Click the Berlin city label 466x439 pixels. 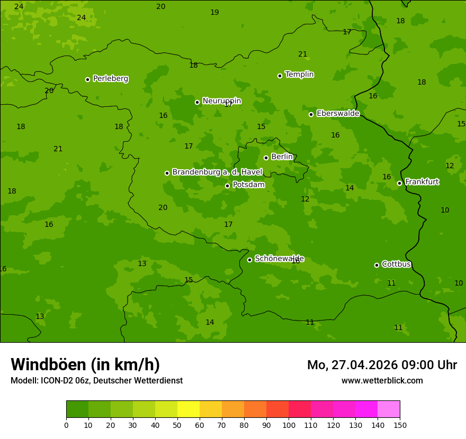tap(282, 157)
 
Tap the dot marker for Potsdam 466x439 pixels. tap(227, 186)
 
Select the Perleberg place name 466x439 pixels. tap(111, 79)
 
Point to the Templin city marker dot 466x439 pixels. tap(280, 76)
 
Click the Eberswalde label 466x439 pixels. tap(338, 114)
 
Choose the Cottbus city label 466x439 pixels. tap(396, 264)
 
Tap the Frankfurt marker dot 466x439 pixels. tap(399, 183)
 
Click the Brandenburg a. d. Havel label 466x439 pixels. tap(217, 172)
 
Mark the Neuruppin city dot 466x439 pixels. tap(197, 102)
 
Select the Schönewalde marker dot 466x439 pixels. tap(249, 260)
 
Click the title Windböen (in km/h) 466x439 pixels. tap(85, 364)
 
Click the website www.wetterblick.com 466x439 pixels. tap(382, 381)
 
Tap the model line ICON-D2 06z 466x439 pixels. tap(96, 381)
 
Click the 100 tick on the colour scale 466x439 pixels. tap(289, 425)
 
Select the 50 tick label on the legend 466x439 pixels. tap(177, 425)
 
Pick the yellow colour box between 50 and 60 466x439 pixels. tap(189, 409)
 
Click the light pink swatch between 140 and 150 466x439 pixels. tap(389, 409)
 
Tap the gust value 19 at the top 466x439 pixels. tap(214, 12)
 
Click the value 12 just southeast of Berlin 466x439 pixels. tap(305, 199)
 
